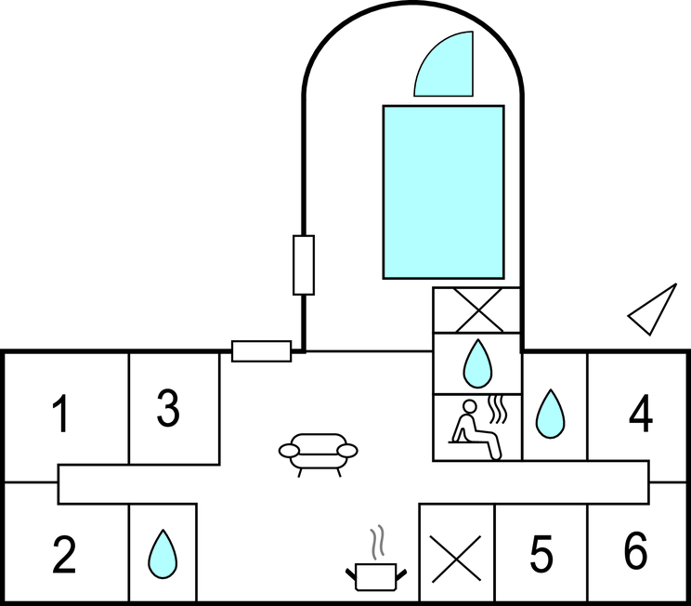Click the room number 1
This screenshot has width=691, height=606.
point(60,415)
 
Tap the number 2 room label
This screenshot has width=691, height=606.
point(63,555)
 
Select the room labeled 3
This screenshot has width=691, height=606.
point(167,410)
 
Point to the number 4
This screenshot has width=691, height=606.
point(641,415)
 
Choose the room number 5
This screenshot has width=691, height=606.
point(541,555)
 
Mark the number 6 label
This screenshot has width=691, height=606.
point(635,552)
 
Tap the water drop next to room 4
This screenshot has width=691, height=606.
point(551,414)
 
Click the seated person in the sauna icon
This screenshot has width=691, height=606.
point(474,429)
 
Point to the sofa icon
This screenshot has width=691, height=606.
point(319,452)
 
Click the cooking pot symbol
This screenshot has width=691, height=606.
point(376,575)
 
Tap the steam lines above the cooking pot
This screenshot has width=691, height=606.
point(375,541)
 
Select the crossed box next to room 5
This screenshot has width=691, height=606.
point(457,555)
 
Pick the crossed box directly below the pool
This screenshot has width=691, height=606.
point(477,310)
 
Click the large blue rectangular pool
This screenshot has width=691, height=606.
point(444,191)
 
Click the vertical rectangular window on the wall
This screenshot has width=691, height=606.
point(303,265)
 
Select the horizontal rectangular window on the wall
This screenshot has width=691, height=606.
point(261,350)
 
